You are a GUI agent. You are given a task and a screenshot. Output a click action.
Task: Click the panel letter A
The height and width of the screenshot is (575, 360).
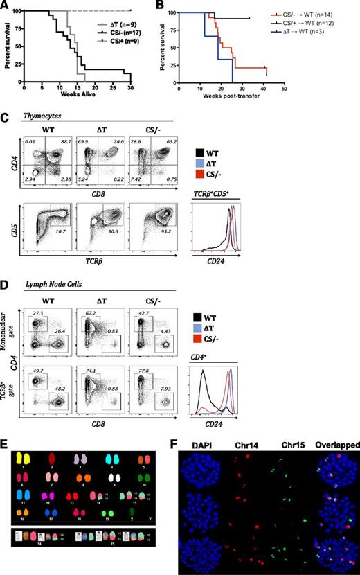pyautogui.click(x=6, y=6)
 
